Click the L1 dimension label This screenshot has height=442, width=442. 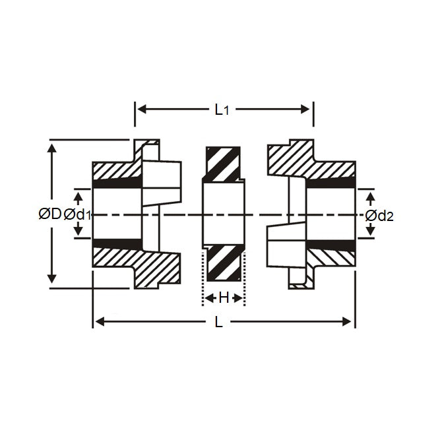222,110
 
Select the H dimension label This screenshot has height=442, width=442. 224,298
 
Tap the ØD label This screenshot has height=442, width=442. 49,214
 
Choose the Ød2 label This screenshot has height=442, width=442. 379,215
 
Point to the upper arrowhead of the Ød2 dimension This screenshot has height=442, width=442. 370,195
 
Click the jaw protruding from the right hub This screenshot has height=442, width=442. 284,241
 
